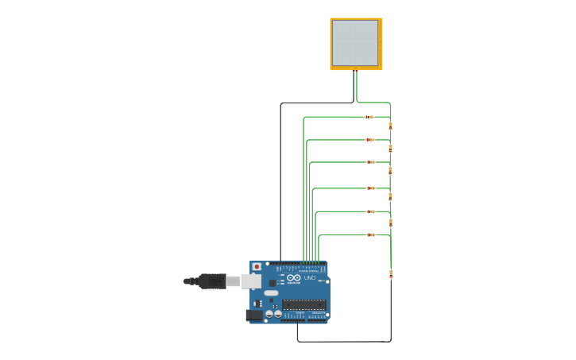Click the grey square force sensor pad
click(355, 43)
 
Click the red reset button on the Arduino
click(257, 267)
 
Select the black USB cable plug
click(211, 281)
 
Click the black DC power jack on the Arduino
click(254, 315)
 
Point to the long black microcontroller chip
click(303, 304)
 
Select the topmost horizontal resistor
click(369, 117)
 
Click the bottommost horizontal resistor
click(370, 234)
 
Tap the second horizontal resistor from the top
click(369, 140)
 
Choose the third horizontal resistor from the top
click(370, 162)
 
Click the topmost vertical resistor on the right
click(390, 126)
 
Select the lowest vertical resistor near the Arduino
click(390, 274)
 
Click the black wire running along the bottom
click(342, 342)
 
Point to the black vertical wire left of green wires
click(280, 183)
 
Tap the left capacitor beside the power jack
click(269, 314)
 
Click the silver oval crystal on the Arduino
click(272, 293)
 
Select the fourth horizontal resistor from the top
click(370, 188)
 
